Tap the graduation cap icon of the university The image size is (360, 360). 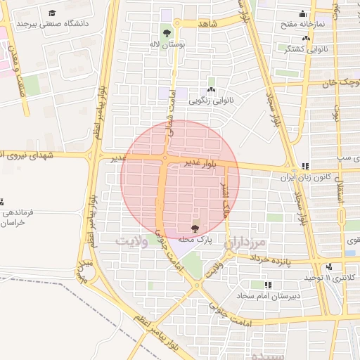(x=53, y=13)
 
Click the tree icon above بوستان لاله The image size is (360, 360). (x=167, y=33)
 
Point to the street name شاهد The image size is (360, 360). (x=209, y=24)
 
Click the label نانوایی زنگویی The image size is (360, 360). (x=211, y=101)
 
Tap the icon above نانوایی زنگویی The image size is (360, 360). (x=211, y=89)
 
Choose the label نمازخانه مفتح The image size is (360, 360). (x=303, y=24)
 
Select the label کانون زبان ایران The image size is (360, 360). (x=305, y=178)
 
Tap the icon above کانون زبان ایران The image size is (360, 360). (x=305, y=167)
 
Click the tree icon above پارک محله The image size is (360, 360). (x=195, y=228)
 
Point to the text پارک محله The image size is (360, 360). (x=195, y=240)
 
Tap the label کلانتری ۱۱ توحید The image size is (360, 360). (x=330, y=278)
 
